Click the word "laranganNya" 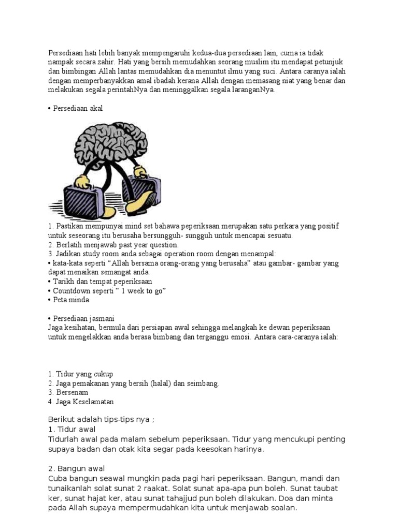click(x=253, y=90)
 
